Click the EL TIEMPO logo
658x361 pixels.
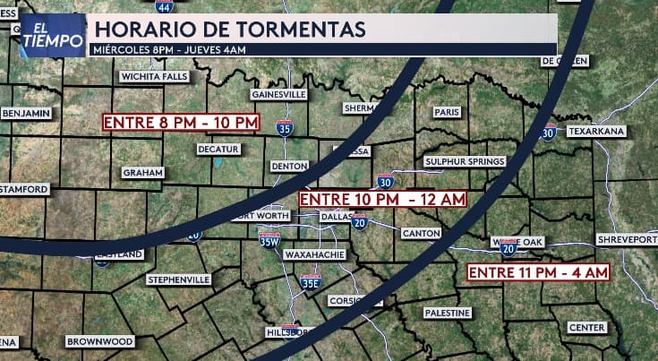tap(53, 36)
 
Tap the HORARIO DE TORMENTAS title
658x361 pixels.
tap(230, 29)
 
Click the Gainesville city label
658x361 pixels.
tap(279, 94)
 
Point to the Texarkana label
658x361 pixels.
tap(595, 131)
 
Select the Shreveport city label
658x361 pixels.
tap(627, 240)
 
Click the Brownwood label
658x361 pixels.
tap(100, 341)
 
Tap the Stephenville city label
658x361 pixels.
tap(179, 279)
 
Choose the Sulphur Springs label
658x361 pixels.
tap(465, 161)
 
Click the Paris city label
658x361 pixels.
tap(446, 112)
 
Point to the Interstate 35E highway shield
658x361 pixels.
tap(310, 282)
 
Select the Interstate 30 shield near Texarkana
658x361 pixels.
tap(548, 133)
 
